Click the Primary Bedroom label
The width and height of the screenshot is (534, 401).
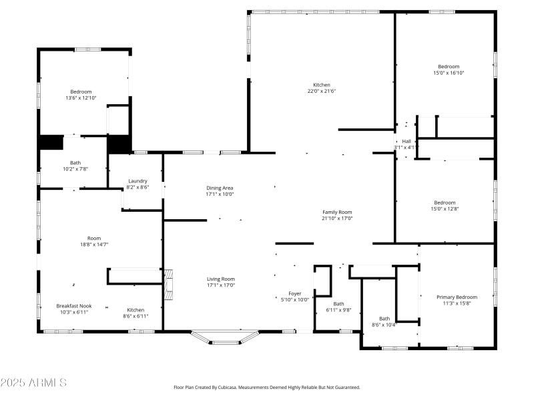(x=457, y=297)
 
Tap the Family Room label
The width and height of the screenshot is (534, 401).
(x=337, y=212)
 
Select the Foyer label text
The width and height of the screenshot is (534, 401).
(x=294, y=293)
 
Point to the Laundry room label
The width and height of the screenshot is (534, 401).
(x=138, y=180)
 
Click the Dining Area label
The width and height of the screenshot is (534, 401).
(x=220, y=188)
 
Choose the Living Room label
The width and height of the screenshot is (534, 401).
(x=220, y=279)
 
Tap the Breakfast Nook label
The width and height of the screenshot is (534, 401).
(x=73, y=306)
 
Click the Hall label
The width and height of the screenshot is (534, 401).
(x=406, y=141)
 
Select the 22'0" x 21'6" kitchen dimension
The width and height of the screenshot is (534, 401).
(x=321, y=92)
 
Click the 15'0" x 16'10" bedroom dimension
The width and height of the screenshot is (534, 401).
(x=449, y=73)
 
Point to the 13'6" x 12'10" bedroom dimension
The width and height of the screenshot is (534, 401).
(x=81, y=98)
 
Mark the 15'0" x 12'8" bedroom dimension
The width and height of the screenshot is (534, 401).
(x=445, y=209)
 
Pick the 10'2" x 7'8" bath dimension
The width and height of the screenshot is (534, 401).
(x=75, y=169)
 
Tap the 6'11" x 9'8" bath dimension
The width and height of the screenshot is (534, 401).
(x=338, y=310)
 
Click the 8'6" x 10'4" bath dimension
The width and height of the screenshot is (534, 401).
(x=384, y=325)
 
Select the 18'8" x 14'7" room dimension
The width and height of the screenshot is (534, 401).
(x=93, y=245)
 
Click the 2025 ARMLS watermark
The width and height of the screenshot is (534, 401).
(x=33, y=383)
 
